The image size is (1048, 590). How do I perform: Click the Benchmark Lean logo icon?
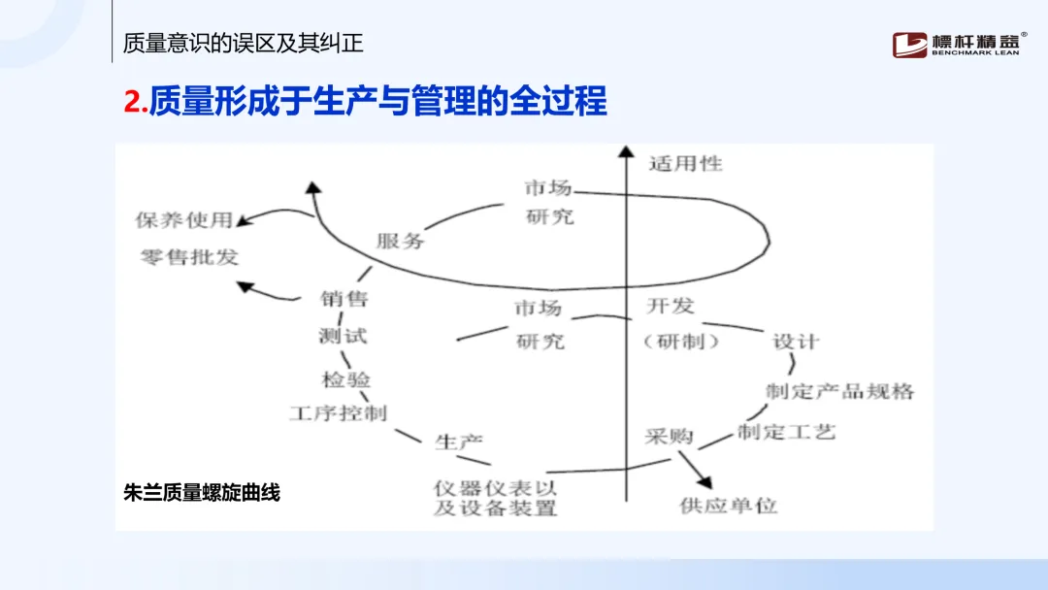[x=910, y=45]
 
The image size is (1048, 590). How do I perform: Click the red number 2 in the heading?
[x=133, y=102]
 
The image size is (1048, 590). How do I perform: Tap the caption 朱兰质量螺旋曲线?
[x=202, y=492]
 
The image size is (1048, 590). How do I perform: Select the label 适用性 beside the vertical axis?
[x=686, y=163]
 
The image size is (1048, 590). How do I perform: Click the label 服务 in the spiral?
[x=401, y=240]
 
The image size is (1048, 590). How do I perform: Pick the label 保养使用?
[x=184, y=220]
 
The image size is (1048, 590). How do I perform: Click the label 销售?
[x=344, y=299]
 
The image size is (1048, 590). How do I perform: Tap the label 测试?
[x=343, y=337]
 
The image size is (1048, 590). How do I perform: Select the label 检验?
[x=346, y=378]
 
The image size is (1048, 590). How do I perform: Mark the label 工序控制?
[x=338, y=413]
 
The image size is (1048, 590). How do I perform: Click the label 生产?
[x=459, y=442]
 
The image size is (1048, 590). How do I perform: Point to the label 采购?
[x=670, y=437]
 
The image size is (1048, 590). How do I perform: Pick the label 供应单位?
[x=729, y=506]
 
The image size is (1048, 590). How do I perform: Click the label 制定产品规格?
[x=840, y=391]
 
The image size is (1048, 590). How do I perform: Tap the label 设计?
[x=796, y=342]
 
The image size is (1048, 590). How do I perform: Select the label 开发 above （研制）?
[x=671, y=307]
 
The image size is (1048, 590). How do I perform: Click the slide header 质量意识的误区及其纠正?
[x=244, y=44]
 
